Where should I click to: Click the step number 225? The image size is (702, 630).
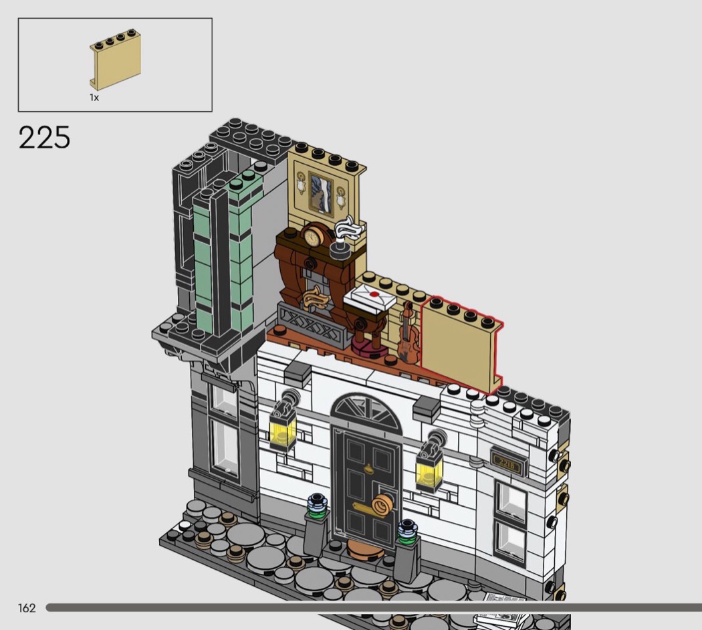[x=44, y=138]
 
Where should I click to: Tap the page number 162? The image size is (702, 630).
[x=27, y=608]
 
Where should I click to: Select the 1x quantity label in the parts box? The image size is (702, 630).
[x=94, y=97]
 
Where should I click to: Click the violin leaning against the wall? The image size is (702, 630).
[x=407, y=331]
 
